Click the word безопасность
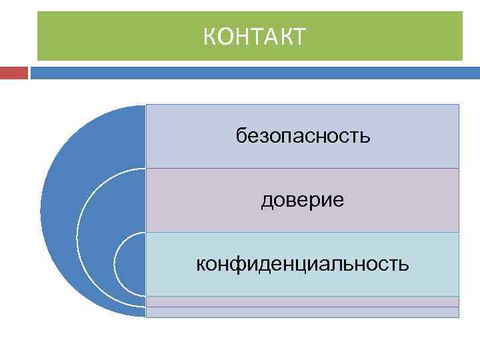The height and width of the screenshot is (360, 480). tap(303, 137)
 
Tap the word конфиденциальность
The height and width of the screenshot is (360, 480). tap(303, 265)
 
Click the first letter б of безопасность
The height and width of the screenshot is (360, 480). tap(241, 137)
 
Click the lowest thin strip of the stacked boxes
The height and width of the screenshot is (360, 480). tap(303, 312)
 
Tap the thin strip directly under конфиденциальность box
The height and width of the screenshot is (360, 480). tap(303, 301)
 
